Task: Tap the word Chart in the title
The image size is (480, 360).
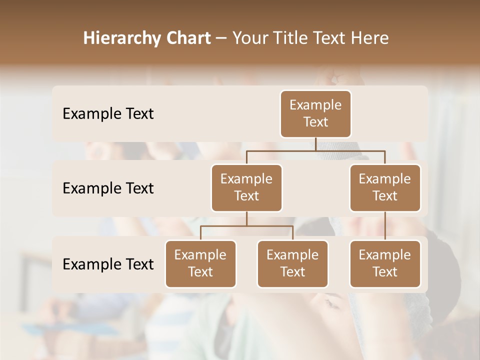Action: [x=188, y=38]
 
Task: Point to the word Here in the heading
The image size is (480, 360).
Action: [x=370, y=38]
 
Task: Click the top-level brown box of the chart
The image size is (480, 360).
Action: [x=315, y=114]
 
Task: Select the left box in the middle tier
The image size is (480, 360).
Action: [x=246, y=188]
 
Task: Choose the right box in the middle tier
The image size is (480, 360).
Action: [x=385, y=188]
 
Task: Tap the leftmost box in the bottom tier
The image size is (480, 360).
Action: [x=200, y=264]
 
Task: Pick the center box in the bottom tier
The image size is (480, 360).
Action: [x=292, y=264]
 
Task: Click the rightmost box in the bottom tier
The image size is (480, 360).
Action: [x=385, y=264]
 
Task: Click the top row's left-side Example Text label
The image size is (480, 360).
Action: [x=108, y=114]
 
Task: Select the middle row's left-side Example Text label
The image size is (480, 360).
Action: [x=108, y=188]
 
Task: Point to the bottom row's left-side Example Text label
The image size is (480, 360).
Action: [x=108, y=264]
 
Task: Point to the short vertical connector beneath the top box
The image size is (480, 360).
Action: [x=315, y=144]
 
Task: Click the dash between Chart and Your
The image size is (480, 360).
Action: [x=221, y=38]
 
